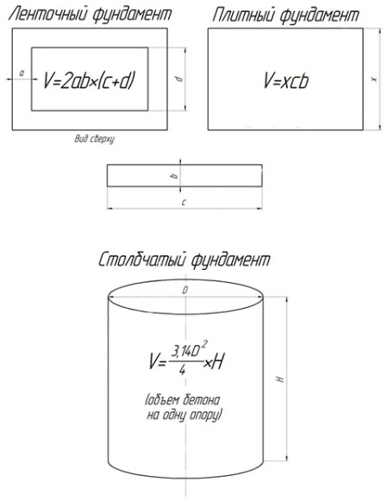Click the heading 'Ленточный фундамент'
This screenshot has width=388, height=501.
pyautogui.click(x=90, y=15)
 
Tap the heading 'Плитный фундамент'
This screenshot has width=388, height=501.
pyautogui.click(x=285, y=15)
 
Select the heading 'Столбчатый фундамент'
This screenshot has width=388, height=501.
pyautogui.click(x=185, y=260)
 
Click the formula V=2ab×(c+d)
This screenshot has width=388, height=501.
pyautogui.click(x=89, y=80)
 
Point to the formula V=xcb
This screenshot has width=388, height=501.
pyautogui.click(x=286, y=80)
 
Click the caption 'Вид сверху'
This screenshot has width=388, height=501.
pyautogui.click(x=95, y=140)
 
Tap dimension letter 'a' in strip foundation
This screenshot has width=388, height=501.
pyautogui.click(x=22, y=73)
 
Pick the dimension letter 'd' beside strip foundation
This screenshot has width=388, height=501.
pyautogui.click(x=179, y=78)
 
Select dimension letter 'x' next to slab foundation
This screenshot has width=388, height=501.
pyautogui.click(x=374, y=79)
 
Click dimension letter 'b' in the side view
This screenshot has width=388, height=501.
pyautogui.click(x=174, y=176)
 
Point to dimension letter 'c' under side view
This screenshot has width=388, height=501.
pyautogui.click(x=184, y=203)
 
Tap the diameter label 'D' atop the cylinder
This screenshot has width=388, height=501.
pyautogui.click(x=185, y=291)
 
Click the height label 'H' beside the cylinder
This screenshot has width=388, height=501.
pyautogui.click(x=280, y=379)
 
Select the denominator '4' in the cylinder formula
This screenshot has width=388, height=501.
pyautogui.click(x=183, y=370)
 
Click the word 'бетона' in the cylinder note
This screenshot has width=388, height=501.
pyautogui.click(x=202, y=400)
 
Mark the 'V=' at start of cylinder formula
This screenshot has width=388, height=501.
pyautogui.click(x=157, y=361)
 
